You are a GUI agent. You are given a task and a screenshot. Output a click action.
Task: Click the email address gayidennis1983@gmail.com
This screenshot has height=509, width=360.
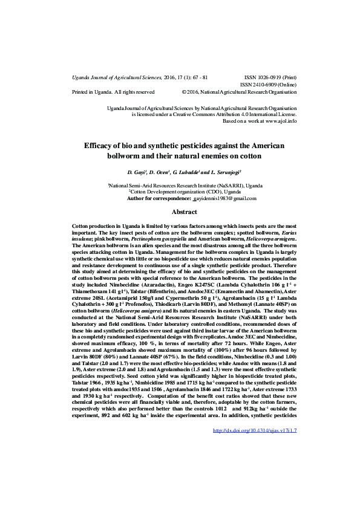point(224,198)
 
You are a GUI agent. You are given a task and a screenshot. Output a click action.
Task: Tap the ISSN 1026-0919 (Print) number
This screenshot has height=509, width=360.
point(266,78)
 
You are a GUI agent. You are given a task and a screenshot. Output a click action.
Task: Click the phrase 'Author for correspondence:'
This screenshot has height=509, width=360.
point(158,198)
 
